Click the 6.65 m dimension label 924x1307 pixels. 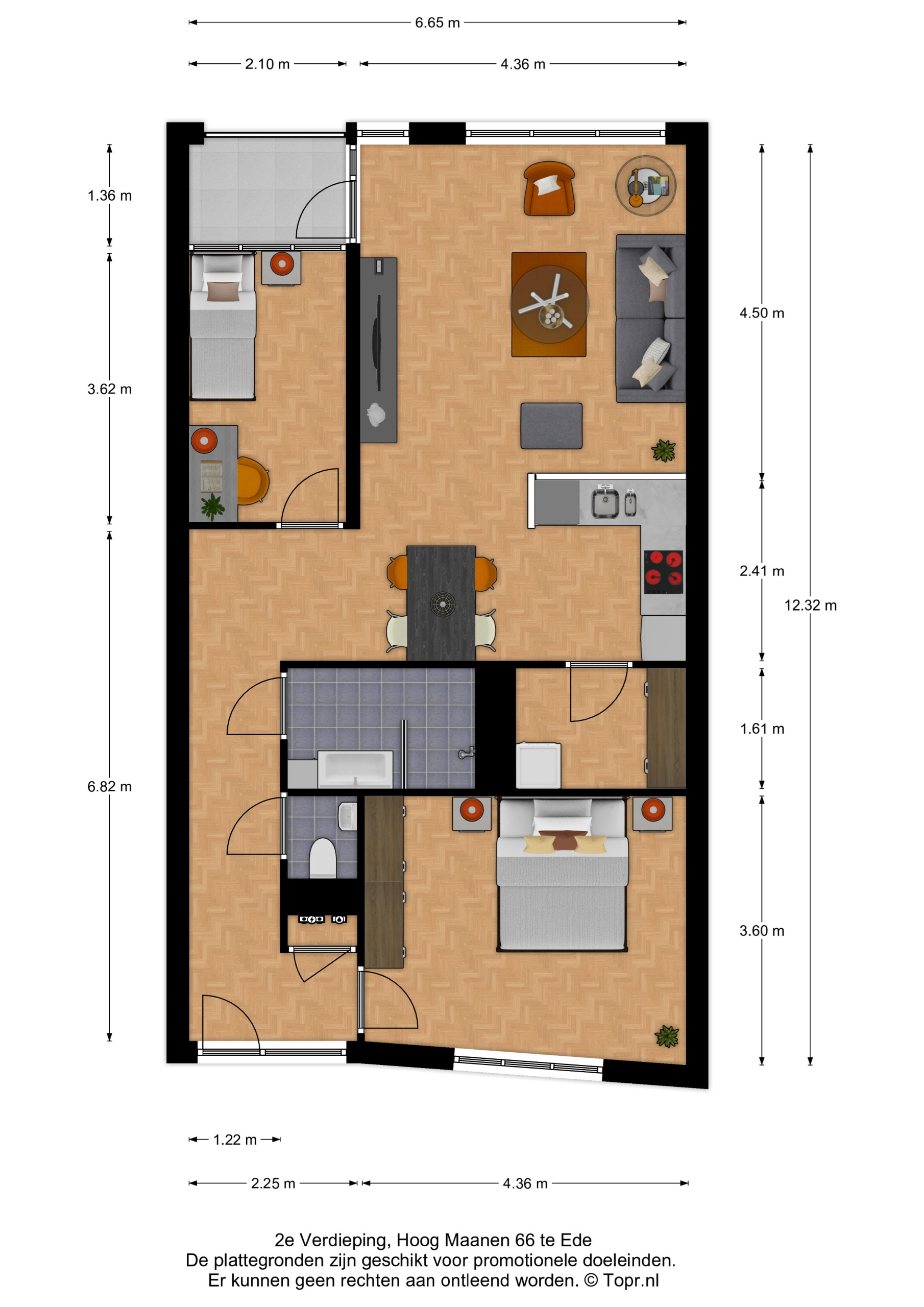[436, 23]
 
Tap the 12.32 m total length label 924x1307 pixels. [810, 605]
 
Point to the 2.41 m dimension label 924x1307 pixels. [762, 570]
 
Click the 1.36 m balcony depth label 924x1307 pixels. [109, 196]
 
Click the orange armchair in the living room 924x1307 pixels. [549, 189]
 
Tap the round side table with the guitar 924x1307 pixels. [646, 185]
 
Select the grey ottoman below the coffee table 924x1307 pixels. [551, 426]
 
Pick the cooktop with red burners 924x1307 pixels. [664, 572]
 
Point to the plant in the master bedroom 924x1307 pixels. [666, 1036]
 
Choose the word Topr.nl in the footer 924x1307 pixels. [631, 1280]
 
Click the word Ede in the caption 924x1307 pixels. [576, 1240]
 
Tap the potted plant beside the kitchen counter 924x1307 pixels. [663, 450]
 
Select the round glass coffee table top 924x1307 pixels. [549, 305]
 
